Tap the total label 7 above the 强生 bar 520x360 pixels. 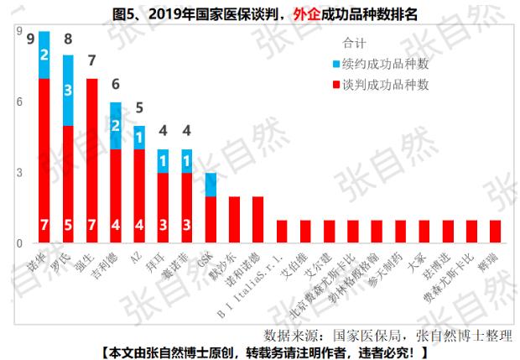tap(91, 61)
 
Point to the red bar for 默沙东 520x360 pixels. tap(235, 220)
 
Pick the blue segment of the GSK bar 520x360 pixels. tap(211, 185)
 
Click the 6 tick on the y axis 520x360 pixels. tap(18, 102)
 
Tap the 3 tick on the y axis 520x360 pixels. tap(18, 173)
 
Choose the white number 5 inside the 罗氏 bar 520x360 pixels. tap(68, 226)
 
